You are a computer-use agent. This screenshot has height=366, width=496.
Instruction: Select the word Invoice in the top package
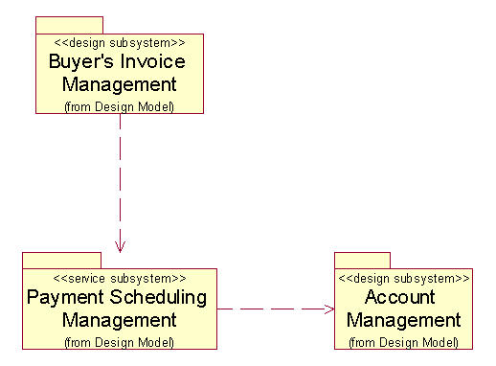(x=153, y=62)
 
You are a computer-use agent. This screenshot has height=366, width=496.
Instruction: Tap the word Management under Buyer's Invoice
(x=120, y=84)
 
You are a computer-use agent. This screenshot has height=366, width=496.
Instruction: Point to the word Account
(x=399, y=297)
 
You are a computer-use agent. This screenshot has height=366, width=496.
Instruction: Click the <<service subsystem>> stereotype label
(x=120, y=278)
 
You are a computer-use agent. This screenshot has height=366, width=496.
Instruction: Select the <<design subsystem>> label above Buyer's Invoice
(x=120, y=43)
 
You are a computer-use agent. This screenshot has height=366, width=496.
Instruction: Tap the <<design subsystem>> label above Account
(x=403, y=278)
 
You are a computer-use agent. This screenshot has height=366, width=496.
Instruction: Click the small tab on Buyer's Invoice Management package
(x=69, y=25)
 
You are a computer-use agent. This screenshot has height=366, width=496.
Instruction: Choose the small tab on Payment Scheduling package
(x=61, y=261)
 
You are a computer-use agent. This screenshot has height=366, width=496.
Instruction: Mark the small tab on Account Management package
(x=362, y=261)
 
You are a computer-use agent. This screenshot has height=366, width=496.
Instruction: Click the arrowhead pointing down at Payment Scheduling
(x=120, y=246)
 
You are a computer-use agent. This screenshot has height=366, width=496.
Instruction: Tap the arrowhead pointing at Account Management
(x=327, y=309)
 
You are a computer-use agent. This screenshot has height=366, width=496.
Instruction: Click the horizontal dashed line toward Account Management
(x=273, y=309)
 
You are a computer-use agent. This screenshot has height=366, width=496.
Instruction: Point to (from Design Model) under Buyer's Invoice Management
(x=120, y=105)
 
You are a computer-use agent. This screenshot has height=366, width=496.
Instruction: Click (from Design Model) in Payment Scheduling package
(x=120, y=341)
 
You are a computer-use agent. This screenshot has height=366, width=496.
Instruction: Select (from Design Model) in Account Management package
(x=403, y=341)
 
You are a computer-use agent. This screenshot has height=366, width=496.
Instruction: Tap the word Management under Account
(x=403, y=320)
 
